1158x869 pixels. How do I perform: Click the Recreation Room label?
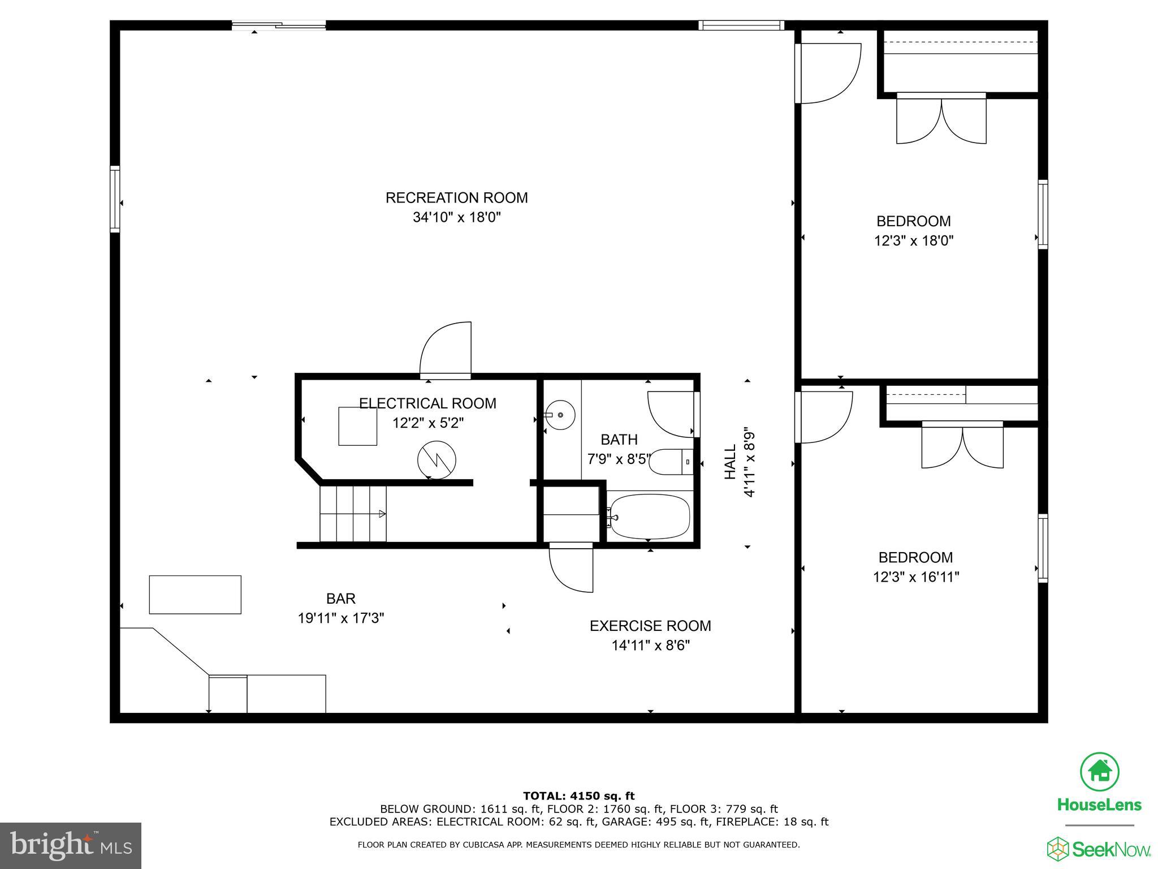point(456,198)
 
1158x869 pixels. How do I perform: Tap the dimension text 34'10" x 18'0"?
point(456,218)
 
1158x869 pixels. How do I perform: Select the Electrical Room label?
point(427,403)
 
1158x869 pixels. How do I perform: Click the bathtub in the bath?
point(650,517)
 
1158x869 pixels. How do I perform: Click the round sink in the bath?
point(560,415)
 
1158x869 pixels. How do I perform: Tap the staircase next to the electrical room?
point(353,514)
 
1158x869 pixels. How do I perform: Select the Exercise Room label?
point(650,626)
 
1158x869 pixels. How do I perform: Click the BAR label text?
point(340,599)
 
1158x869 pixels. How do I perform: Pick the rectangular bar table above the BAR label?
point(195,595)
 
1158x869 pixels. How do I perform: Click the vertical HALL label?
point(731,462)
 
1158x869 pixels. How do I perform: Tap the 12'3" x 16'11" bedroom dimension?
point(915,577)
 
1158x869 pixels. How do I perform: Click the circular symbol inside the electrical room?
point(437,459)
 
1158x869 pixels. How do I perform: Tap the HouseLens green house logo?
point(1100,771)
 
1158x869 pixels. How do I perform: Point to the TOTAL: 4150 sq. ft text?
point(578,796)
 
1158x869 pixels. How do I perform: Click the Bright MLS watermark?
point(71,846)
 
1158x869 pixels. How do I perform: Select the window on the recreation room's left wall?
point(115,199)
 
